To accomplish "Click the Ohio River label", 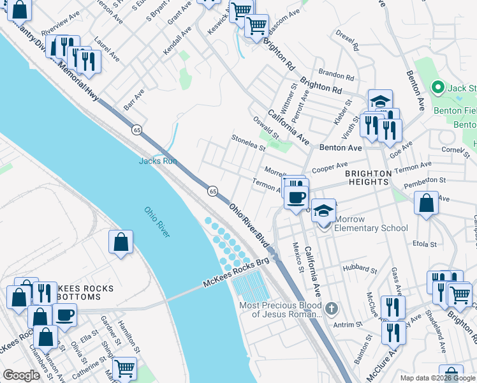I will pos(156,222).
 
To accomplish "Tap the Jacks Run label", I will pos(158,161).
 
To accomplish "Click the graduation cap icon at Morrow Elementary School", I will pos(324,211).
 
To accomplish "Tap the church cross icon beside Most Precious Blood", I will pos(330,310).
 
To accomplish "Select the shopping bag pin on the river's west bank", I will pos(121,243).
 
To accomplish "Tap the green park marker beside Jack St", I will pos(437,87).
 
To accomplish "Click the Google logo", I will pos(20,375).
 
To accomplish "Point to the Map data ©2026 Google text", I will pos(437,378).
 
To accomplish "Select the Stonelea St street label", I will pos(248,142).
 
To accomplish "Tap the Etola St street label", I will pos(425,244).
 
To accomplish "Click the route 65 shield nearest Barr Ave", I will pos(136,130).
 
